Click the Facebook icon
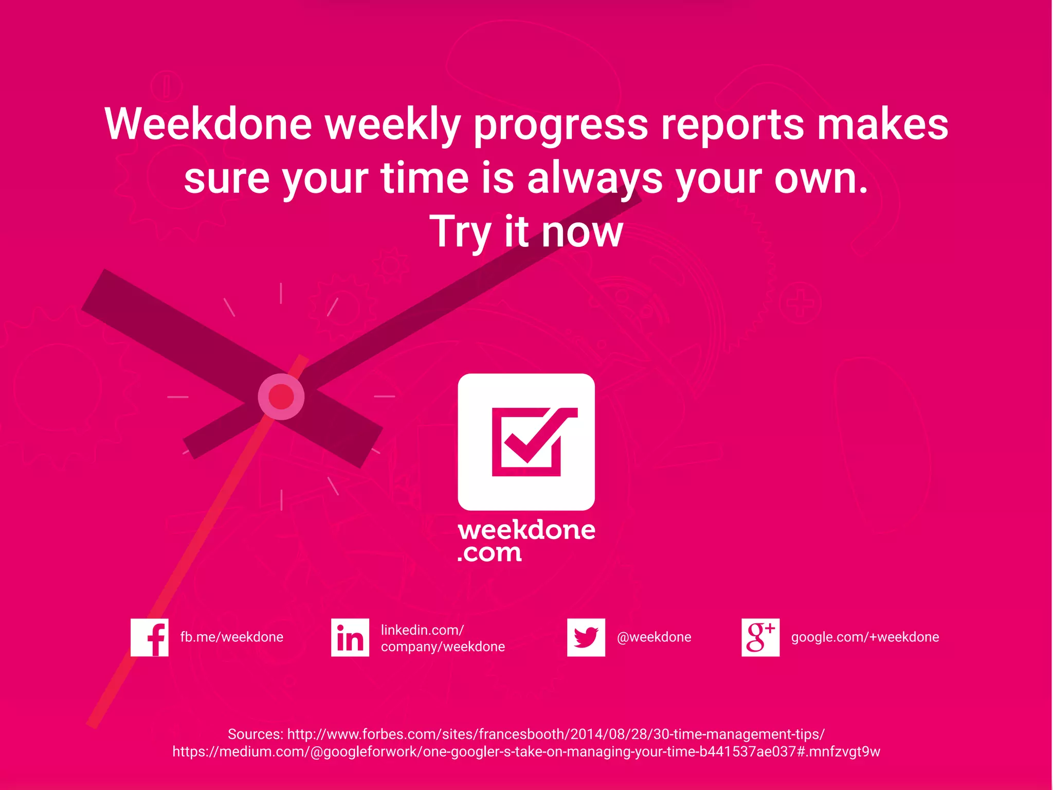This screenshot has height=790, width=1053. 149,637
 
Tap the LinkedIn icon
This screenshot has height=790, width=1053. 350,637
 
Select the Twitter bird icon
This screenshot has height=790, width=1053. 586,637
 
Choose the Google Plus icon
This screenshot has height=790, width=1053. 760,637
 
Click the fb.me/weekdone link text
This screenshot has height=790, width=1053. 231,637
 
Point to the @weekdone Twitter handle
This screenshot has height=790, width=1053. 653,637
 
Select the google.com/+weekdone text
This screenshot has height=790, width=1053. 865,637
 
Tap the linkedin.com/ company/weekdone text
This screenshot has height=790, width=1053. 442,638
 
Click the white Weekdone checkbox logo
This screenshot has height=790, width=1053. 526,442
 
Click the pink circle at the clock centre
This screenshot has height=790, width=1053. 281,397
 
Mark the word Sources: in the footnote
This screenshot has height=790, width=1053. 255,734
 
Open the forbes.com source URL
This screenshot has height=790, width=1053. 555,734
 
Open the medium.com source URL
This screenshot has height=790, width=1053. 526,752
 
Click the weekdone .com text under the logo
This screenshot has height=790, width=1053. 526,541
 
